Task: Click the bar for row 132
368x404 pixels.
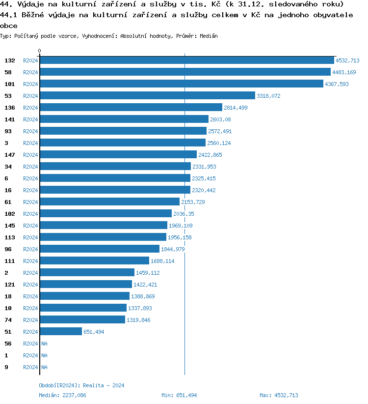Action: click(186, 60)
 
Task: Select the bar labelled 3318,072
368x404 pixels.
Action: click(147, 96)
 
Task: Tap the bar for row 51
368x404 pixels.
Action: click(61, 332)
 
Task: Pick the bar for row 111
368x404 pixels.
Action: click(94, 261)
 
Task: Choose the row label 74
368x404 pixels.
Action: click(8, 320)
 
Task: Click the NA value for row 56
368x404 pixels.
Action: click(44, 344)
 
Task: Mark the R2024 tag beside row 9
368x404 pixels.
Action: click(30, 367)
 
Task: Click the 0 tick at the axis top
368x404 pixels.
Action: click(40, 51)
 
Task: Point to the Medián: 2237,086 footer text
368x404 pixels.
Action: click(62, 395)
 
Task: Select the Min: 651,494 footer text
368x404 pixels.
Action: click(179, 395)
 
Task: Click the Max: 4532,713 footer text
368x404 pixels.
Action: click(279, 395)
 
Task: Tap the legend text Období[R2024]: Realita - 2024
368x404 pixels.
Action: click(81, 385)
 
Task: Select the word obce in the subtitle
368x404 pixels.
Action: click(9, 26)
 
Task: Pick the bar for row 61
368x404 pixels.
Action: click(109, 202)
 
